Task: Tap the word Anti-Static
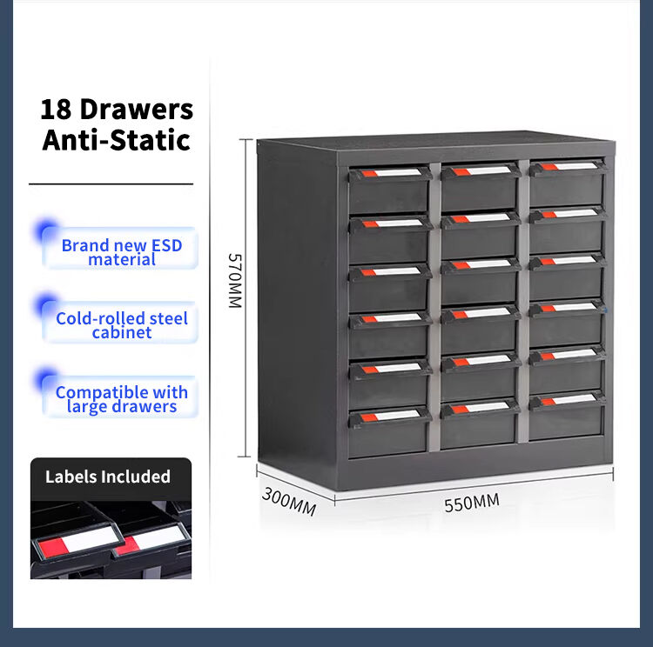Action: [x=116, y=140]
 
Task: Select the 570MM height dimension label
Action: [x=235, y=281]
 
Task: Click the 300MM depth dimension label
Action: [x=289, y=502]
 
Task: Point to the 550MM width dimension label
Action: [x=472, y=503]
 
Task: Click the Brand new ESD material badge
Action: [x=120, y=249]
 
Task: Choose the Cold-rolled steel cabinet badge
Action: [x=120, y=323]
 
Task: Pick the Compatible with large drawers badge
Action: [x=120, y=397]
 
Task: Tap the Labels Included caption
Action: [x=108, y=477]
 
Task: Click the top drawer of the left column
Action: [x=389, y=190]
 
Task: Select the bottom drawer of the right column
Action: [x=567, y=417]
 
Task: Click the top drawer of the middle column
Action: [x=480, y=187]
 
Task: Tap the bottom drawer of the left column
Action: [x=389, y=433]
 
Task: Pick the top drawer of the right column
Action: [x=568, y=183]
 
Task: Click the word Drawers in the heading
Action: [x=137, y=110]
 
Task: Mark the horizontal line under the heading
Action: [x=111, y=183]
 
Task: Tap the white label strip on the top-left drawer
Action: [x=397, y=173]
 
